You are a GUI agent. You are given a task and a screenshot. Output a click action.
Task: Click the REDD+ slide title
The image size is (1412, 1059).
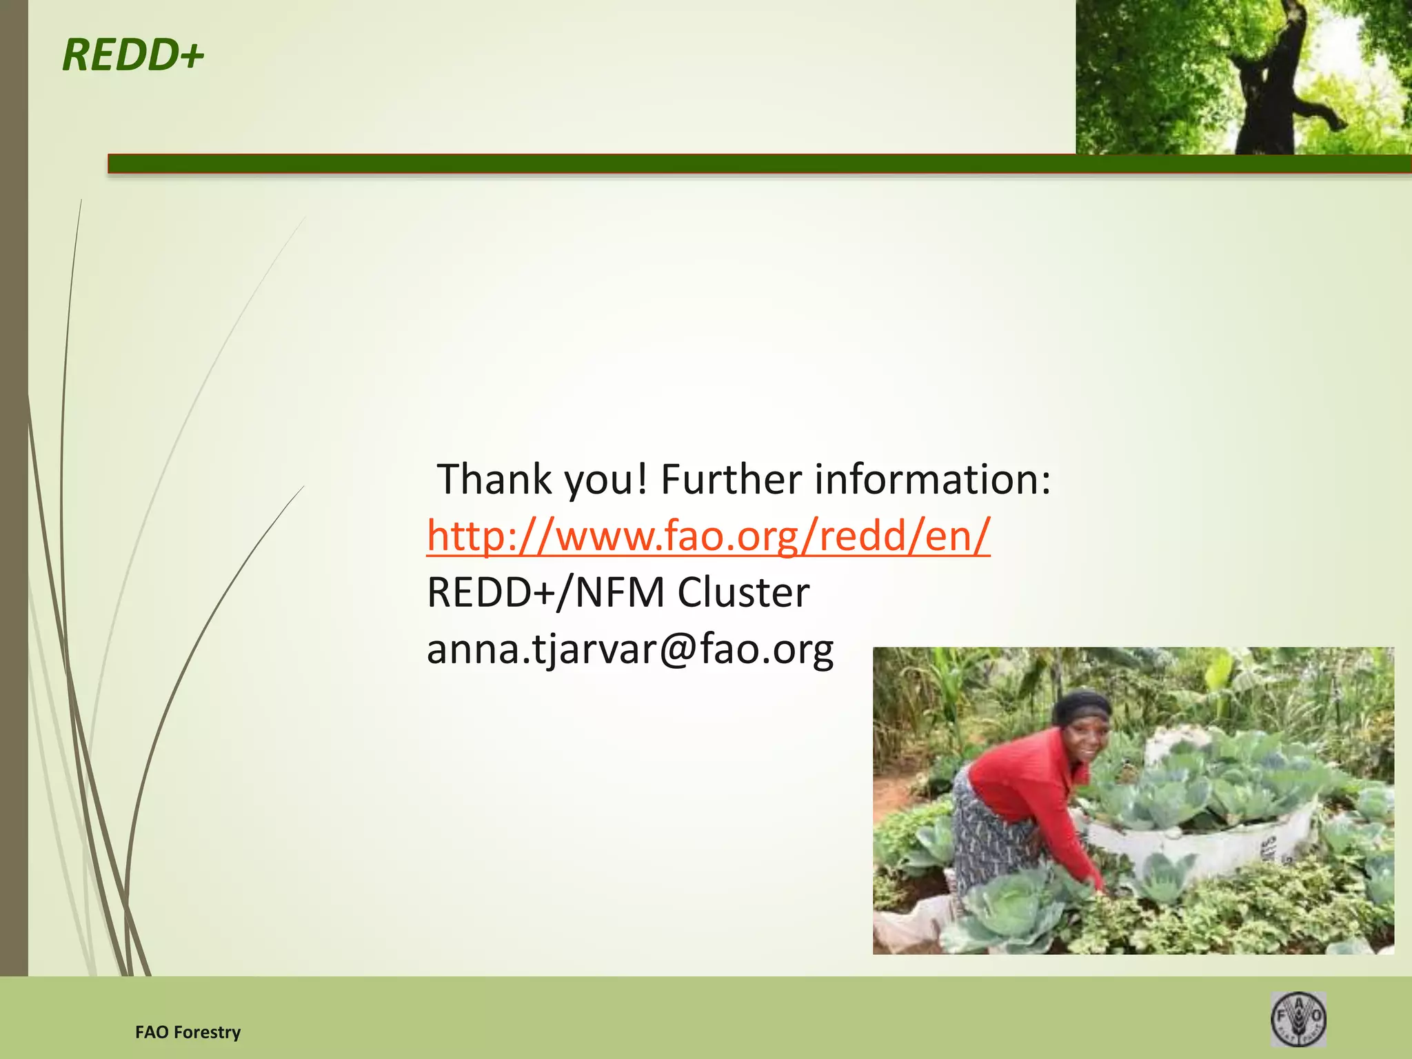pyautogui.click(x=132, y=55)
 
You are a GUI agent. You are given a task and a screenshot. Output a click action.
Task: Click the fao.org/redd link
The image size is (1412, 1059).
pyautogui.click(x=708, y=536)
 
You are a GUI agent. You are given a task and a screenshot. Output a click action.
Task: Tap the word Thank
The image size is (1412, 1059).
pyautogui.click(x=494, y=479)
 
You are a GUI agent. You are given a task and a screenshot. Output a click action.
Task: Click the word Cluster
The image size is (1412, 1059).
pyautogui.click(x=743, y=592)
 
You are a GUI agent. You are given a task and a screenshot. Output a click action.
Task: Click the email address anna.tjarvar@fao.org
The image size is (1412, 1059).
pyautogui.click(x=630, y=649)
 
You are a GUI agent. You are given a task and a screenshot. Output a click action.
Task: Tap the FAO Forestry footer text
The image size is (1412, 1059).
pyautogui.click(x=188, y=1032)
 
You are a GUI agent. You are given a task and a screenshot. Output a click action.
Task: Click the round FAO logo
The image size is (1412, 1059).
pyautogui.click(x=1298, y=1019)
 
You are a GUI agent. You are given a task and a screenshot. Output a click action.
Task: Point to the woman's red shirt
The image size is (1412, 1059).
pyautogui.click(x=1020, y=779)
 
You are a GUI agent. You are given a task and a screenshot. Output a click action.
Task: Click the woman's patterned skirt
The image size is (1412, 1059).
pyautogui.click(x=993, y=841)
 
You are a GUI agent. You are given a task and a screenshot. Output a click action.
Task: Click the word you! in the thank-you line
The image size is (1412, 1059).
pyautogui.click(x=606, y=479)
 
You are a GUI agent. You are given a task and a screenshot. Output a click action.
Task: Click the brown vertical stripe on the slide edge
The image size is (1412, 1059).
pyautogui.click(x=14, y=483)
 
